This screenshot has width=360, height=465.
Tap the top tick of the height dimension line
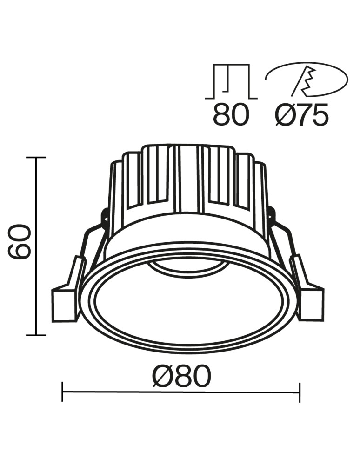pyautogui.click(x=36, y=158)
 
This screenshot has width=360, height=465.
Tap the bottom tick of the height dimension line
pyautogui.click(x=36, y=335)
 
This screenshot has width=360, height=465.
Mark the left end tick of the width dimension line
pyautogui.click(x=62, y=392)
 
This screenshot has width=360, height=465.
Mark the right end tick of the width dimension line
pyautogui.click(x=300, y=392)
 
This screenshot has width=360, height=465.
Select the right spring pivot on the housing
pyautogui.click(x=272, y=215)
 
